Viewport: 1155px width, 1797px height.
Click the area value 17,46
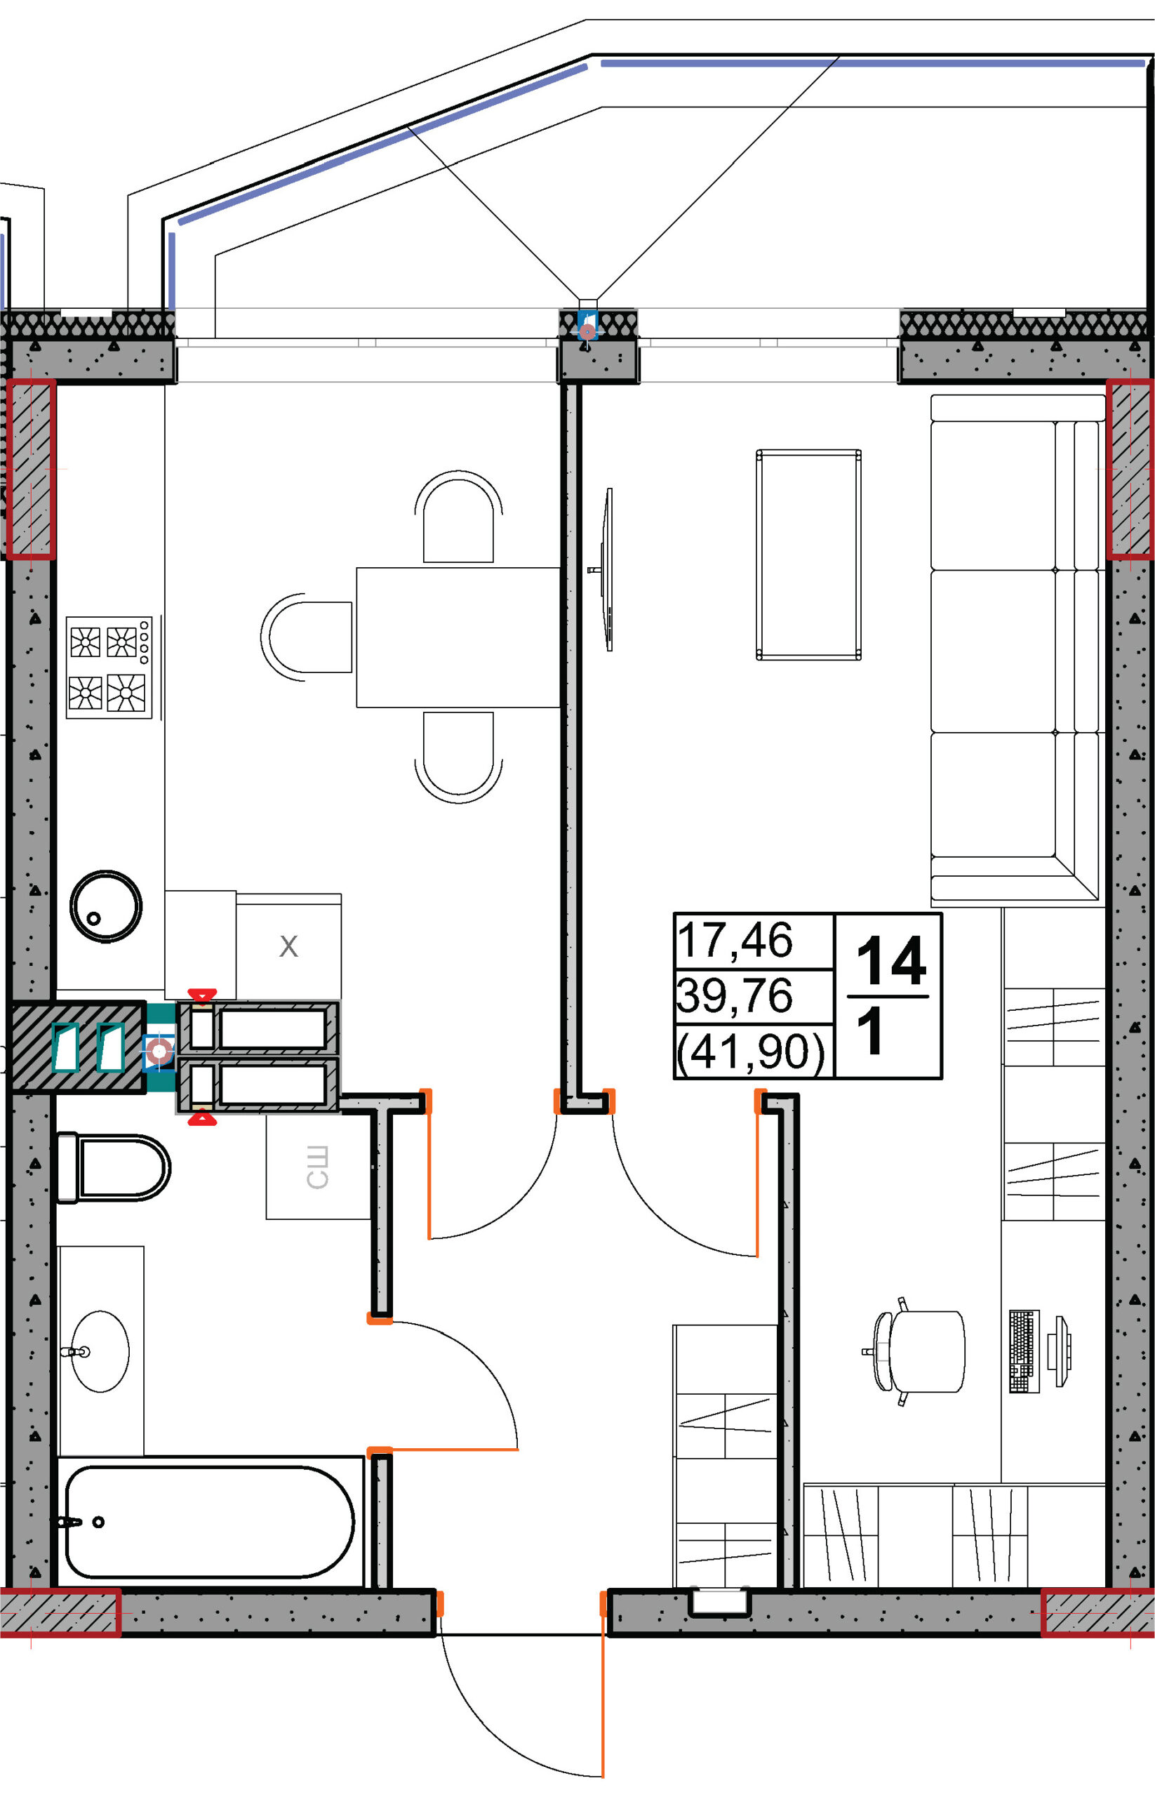(x=734, y=940)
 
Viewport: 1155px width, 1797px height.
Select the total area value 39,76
(x=734, y=995)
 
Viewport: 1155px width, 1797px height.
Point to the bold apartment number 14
(x=891, y=960)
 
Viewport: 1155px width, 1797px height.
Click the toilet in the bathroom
(x=113, y=1168)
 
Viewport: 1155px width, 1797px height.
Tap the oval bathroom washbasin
(x=100, y=1351)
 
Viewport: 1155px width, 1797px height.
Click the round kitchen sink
(x=106, y=906)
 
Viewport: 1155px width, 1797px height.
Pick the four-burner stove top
(x=109, y=668)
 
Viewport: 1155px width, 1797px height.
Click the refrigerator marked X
(x=289, y=946)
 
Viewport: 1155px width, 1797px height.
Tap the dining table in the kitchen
(x=458, y=637)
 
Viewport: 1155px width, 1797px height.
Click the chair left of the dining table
(x=307, y=637)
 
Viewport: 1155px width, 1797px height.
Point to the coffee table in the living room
(x=808, y=555)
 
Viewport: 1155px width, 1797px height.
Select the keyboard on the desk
(x=1024, y=1351)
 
